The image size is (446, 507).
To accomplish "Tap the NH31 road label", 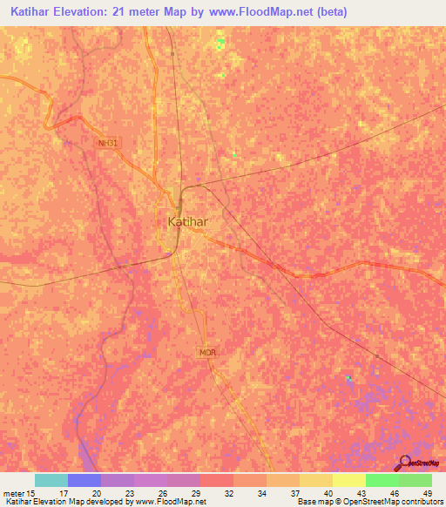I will pyautogui.click(x=106, y=142).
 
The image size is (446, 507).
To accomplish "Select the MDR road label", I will pyautogui.click(x=206, y=352).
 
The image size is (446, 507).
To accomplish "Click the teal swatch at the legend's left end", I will pyautogui.click(x=51, y=480).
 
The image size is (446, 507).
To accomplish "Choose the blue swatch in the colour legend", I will pyautogui.click(x=84, y=480).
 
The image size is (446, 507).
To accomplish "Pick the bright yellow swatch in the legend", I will pyautogui.click(x=348, y=480).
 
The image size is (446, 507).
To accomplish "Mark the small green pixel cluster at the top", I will pyautogui.click(x=221, y=40).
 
